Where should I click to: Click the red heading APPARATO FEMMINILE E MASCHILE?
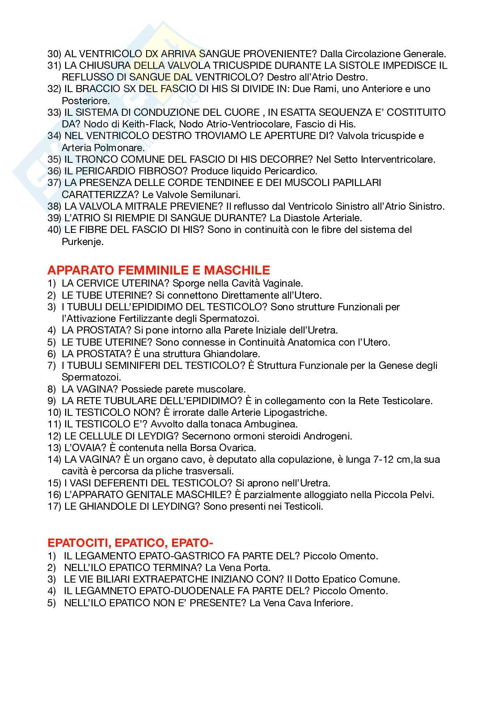point(159,270)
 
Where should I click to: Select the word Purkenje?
point(83,242)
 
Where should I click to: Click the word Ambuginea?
point(272,424)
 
